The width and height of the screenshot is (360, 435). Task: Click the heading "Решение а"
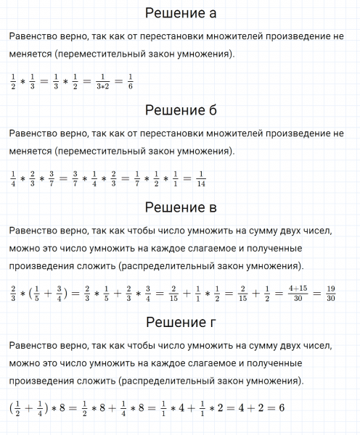[181, 14]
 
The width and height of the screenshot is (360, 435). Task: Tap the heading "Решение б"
[181, 110]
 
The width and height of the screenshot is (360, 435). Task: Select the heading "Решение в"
[181, 208]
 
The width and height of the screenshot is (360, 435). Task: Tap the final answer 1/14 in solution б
[201, 177]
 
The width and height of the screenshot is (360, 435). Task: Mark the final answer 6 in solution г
[279, 408]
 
